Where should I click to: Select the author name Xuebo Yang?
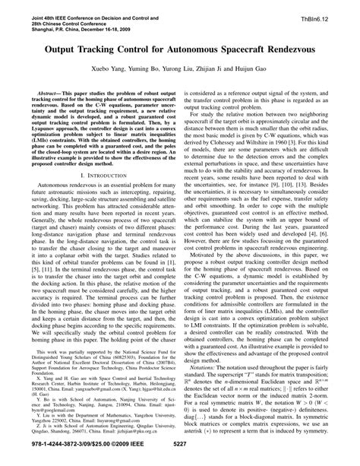tap(110, 67)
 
